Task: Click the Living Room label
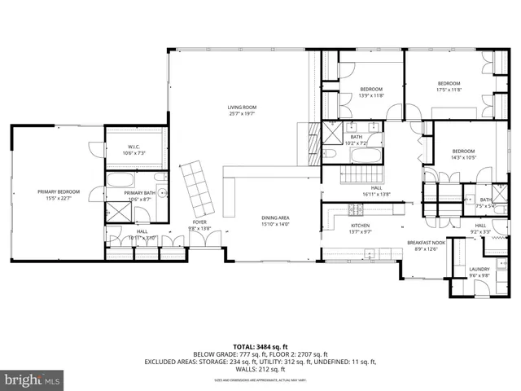(x=242, y=107)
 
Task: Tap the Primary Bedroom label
(x=55, y=192)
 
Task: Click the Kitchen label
(x=361, y=225)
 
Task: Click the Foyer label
(x=199, y=222)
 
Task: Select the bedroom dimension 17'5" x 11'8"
(x=449, y=90)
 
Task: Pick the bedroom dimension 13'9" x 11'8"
(x=371, y=95)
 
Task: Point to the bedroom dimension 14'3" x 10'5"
(x=463, y=157)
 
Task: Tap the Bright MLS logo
(x=32, y=379)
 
